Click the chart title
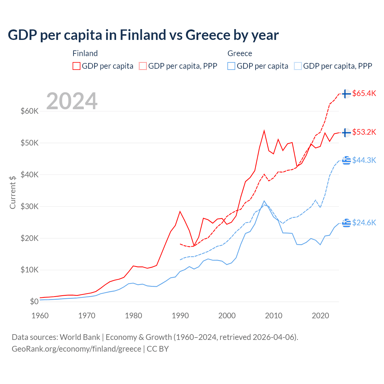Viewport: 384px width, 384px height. [143, 35]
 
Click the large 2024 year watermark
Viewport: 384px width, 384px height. [72, 101]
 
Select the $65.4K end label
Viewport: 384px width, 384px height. [364, 93]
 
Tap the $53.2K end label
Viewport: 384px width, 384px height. [364, 132]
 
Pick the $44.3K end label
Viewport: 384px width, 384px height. [364, 160]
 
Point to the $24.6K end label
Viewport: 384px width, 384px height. [364, 223]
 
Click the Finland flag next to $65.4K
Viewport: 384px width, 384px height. [346, 94]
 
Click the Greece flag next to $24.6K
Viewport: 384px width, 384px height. [346, 223]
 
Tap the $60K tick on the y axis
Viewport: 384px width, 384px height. [29, 111]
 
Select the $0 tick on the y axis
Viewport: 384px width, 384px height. [34, 301]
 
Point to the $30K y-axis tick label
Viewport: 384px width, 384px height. [29, 206]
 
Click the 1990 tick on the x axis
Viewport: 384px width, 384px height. [180, 316]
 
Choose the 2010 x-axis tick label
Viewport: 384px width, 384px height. [274, 316]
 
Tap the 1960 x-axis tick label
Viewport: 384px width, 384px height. [40, 316]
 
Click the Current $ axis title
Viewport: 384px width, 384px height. [13, 192]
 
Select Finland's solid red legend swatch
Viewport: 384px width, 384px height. [76, 66]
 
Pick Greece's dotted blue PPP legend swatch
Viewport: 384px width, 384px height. [298, 66]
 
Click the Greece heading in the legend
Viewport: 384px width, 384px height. [240, 53]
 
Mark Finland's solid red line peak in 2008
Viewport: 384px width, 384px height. [264, 130]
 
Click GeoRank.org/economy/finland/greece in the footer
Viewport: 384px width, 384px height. [76, 349]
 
